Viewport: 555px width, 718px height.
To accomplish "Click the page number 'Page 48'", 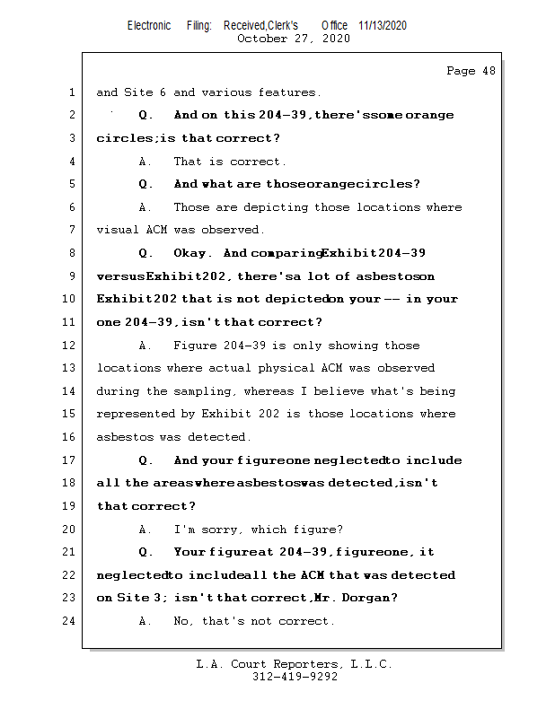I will (471, 71).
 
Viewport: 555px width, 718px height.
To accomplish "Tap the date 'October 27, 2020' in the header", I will (293, 39).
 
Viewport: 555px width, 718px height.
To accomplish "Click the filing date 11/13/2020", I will (382, 25).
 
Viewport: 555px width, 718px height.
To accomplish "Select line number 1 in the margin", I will (71, 92).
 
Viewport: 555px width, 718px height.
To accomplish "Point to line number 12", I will (69, 346).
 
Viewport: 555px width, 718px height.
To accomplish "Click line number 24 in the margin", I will (69, 621).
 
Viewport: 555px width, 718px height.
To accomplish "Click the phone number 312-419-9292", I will (295, 678).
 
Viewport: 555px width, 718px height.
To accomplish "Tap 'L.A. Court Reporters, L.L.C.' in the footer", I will (295, 664).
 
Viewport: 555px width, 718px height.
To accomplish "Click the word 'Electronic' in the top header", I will (149, 25).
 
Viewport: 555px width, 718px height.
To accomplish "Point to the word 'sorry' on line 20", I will (219, 530).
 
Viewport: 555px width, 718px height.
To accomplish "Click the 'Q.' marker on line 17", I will (146, 460).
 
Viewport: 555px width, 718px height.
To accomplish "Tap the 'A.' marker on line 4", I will (146, 162).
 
